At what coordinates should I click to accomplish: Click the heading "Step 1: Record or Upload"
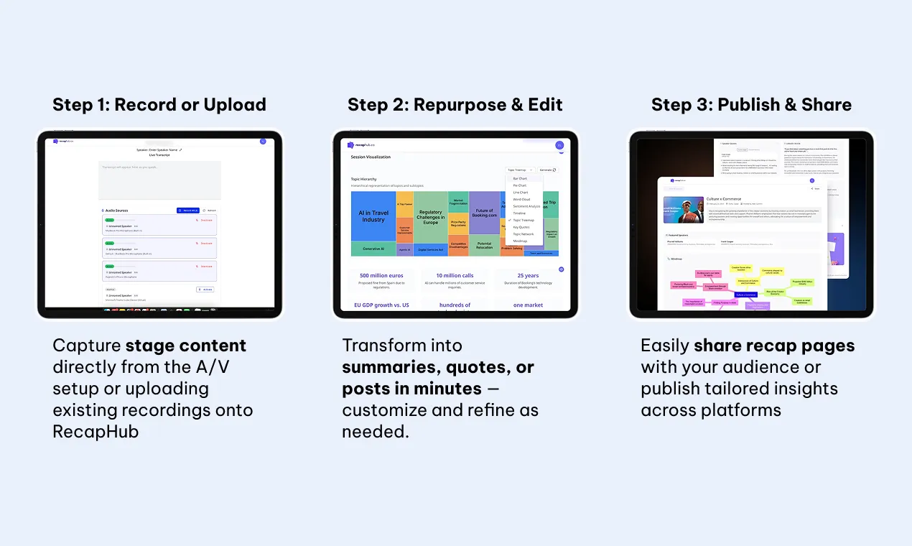(159, 105)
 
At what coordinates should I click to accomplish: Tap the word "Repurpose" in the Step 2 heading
(457, 105)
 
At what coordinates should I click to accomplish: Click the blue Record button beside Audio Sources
(188, 210)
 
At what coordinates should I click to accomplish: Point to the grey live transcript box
(159, 180)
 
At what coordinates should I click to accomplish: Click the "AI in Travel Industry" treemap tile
(373, 216)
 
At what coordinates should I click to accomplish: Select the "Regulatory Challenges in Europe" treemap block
(430, 217)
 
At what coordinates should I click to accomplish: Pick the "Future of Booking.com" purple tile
(483, 213)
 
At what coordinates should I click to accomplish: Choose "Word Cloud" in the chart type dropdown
(521, 199)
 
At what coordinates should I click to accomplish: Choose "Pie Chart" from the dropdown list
(520, 185)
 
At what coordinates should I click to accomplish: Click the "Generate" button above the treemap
(547, 170)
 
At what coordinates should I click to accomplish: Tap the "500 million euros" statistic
(381, 275)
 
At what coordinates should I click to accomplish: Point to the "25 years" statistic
(528, 275)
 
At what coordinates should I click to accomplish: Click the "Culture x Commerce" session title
(724, 199)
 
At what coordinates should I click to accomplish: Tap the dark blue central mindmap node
(745, 295)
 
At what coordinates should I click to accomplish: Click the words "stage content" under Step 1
(186, 346)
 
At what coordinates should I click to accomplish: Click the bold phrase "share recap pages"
(774, 346)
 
